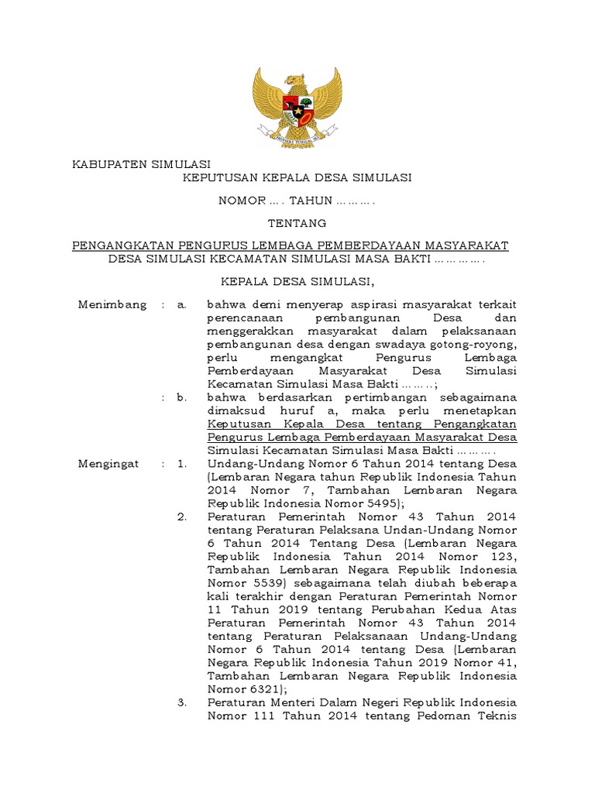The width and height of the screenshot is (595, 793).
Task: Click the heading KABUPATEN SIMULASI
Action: (142, 164)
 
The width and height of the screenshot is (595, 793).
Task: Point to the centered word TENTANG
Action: (297, 223)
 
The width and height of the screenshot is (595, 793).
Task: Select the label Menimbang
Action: (112, 304)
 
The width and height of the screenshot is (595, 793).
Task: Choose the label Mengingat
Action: (108, 464)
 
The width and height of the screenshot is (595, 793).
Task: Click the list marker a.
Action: (182, 304)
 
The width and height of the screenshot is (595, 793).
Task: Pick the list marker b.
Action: (182, 397)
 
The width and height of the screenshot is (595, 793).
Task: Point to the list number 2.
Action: (182, 517)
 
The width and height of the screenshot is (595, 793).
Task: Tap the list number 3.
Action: (182, 702)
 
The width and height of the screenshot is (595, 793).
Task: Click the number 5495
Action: (377, 503)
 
